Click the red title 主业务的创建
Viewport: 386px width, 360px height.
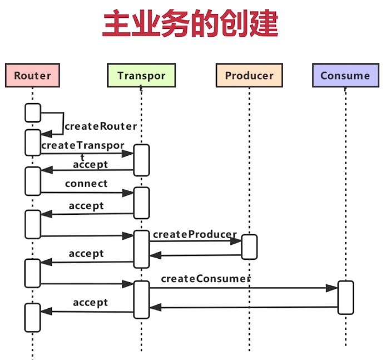pos(191,24)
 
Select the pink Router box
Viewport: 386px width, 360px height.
pos(32,76)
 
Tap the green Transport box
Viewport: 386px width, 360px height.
pos(141,76)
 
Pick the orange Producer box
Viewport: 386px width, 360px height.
pos(249,76)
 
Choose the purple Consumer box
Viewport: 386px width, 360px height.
pos(345,76)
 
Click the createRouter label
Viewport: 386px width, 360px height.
pos(101,126)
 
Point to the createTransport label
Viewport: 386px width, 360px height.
pos(82,146)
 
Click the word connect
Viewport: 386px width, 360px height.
pos(86,183)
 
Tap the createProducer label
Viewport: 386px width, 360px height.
pos(195,234)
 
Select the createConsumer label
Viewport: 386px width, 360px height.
pos(206,278)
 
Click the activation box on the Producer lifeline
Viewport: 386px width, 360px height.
pos(249,246)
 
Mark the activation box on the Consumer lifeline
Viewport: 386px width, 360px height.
pos(345,297)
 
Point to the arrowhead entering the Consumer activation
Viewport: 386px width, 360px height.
pos(332,288)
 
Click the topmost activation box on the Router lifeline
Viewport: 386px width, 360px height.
pos(33,112)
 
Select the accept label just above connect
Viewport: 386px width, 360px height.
pos(90,165)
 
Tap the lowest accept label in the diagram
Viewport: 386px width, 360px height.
pos(90,303)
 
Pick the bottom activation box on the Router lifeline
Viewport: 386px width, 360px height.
pos(33,317)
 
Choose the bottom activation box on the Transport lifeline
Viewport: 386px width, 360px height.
pos(141,299)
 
